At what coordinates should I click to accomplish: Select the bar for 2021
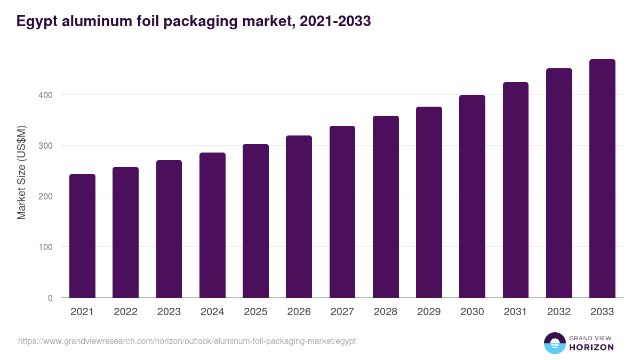click(x=82, y=236)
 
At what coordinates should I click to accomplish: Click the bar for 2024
click(x=212, y=225)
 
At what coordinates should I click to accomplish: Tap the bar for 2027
click(x=342, y=212)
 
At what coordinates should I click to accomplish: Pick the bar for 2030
click(x=472, y=196)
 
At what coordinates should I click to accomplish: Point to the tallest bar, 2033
click(x=602, y=179)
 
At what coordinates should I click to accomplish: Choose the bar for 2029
click(x=429, y=202)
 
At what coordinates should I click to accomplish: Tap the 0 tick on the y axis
click(x=50, y=298)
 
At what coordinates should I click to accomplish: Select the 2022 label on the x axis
click(x=125, y=312)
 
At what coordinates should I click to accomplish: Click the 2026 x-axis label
click(x=299, y=312)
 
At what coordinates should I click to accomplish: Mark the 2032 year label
click(x=559, y=312)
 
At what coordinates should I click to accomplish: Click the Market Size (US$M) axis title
click(x=21, y=172)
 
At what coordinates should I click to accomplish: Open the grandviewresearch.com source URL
click(x=187, y=341)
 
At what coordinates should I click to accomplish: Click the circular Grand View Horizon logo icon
click(x=554, y=343)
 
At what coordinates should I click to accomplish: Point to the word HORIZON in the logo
click(x=591, y=347)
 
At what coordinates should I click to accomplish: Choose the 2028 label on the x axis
click(x=386, y=312)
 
